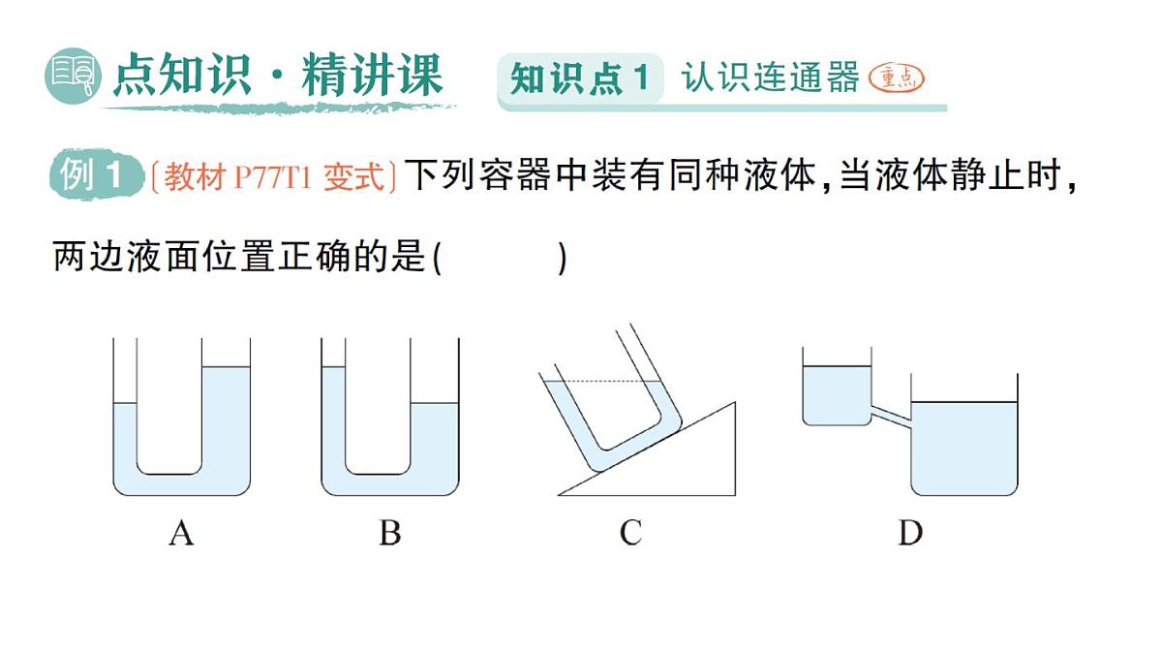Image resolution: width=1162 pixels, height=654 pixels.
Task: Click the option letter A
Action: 181,533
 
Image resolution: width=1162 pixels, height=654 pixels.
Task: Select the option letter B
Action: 389,533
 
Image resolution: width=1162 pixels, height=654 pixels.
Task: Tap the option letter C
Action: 630,533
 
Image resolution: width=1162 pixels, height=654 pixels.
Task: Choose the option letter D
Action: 910,533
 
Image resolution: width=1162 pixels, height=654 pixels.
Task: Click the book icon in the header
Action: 74,77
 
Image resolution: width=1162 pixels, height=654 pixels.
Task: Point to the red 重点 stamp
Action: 896,78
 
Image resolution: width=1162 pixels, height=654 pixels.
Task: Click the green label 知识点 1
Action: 579,78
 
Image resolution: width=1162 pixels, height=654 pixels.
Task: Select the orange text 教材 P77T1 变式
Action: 274,177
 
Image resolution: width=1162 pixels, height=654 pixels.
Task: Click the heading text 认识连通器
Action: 770,77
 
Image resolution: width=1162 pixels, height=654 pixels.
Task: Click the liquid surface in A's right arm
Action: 226,367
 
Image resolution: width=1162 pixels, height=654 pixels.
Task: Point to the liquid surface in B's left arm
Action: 333,367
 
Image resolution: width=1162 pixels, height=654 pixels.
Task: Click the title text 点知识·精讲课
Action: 277,77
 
